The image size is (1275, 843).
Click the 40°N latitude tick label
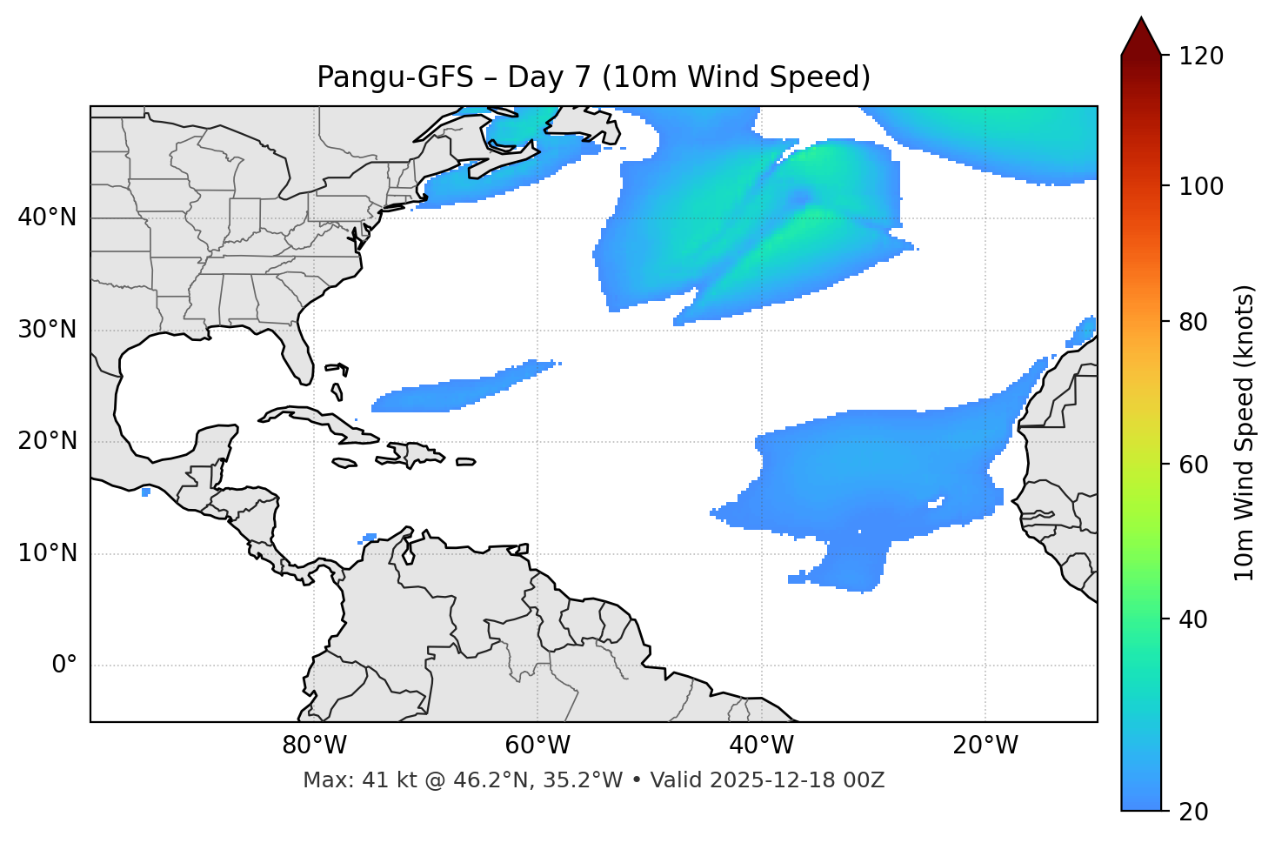click(x=47, y=217)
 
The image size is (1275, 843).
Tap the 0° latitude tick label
click(x=64, y=666)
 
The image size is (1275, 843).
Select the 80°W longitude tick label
click(x=314, y=746)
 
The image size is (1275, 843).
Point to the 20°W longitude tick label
click(x=985, y=746)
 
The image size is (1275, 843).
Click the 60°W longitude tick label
click(x=537, y=746)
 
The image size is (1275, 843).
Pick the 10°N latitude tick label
click(x=47, y=553)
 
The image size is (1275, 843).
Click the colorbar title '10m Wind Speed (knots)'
click(x=1245, y=432)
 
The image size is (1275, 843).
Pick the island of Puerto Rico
click(x=466, y=462)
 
